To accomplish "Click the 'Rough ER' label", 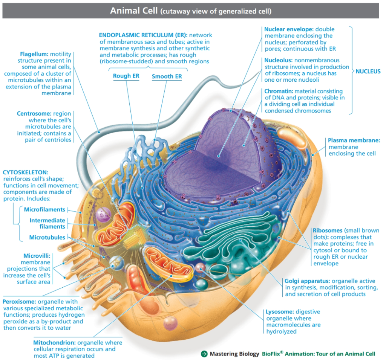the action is tap(126, 76).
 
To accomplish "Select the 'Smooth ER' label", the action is tap(167, 76).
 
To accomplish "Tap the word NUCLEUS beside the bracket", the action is tap(368, 72).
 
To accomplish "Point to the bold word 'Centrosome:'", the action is tap(34, 114).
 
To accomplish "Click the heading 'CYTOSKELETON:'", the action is tap(25, 172).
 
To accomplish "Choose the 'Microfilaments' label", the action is tap(44, 209).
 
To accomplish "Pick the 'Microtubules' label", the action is tap(47, 237).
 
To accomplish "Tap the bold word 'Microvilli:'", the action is tap(37, 256).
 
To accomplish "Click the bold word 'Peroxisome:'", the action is tap(20, 302).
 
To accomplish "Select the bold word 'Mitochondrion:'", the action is tap(54, 343).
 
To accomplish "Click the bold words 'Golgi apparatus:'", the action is tap(307, 281).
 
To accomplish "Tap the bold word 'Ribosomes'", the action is tap(328, 231).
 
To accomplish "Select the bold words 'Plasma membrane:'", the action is tap(354, 140).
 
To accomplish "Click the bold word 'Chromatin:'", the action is tap(279, 91).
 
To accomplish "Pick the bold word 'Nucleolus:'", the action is tap(279, 60).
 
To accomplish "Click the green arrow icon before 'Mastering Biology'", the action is tap(204, 354).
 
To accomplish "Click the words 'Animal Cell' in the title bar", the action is tap(134, 11).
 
